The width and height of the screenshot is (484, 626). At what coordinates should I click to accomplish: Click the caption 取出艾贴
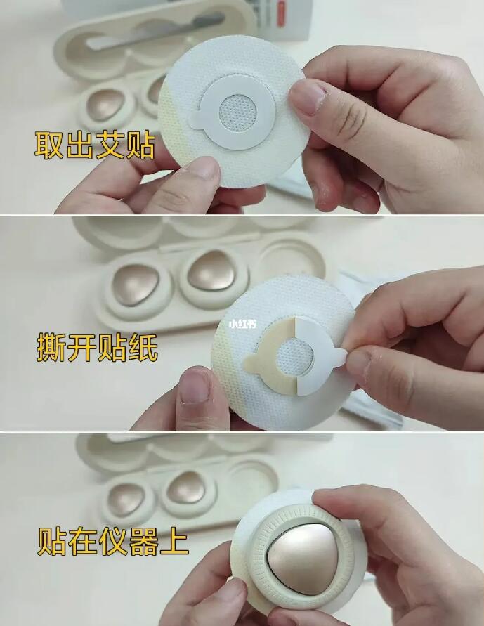click(95, 143)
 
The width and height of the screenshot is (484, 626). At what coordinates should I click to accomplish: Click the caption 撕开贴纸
click(97, 347)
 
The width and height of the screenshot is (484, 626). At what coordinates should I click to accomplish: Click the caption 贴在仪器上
click(112, 542)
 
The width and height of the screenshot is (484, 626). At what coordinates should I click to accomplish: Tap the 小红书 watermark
click(242, 325)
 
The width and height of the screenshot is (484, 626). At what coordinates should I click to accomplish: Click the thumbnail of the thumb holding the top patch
click(308, 97)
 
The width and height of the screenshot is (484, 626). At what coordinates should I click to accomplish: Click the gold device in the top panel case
click(107, 106)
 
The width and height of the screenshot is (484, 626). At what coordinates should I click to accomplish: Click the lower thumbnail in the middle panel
click(195, 387)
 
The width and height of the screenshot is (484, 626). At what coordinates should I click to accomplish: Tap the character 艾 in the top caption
click(110, 143)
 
